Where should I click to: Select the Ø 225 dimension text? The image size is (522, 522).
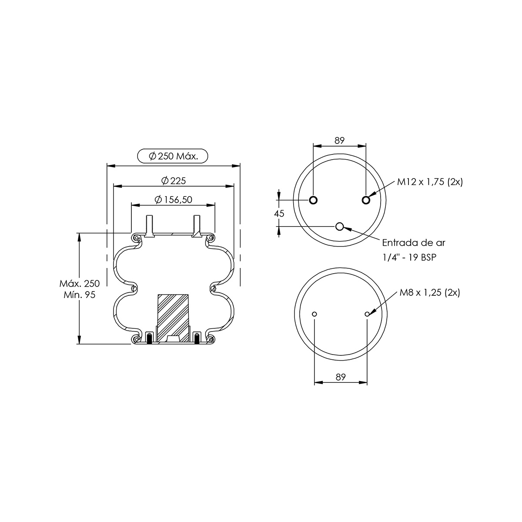tap(174, 181)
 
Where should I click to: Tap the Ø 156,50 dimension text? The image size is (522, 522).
tap(174, 200)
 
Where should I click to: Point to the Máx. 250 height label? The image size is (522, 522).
tap(80, 283)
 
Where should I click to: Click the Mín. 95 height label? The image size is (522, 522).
tap(80, 295)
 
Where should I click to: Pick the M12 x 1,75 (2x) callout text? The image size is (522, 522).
tap(430, 182)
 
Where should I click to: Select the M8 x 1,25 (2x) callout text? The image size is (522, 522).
tap(430, 293)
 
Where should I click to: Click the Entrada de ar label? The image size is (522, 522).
tap(414, 243)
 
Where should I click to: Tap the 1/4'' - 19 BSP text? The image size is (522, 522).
tap(410, 257)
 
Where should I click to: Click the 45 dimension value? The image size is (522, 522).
tap(279, 214)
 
